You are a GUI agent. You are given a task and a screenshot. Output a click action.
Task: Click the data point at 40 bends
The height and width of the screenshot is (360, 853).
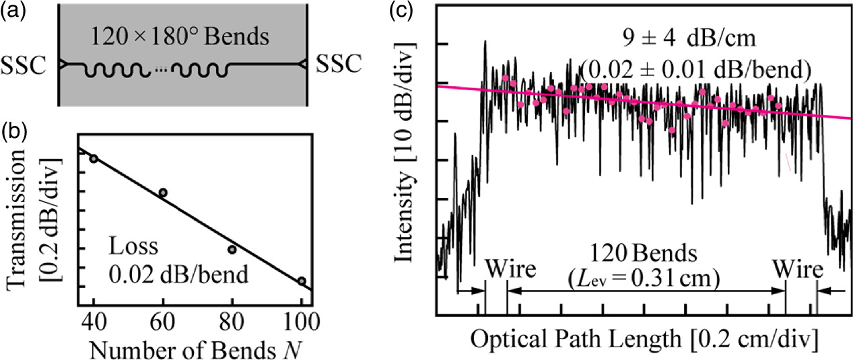point(94,158)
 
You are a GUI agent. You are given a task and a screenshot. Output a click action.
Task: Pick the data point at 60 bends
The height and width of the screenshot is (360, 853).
point(163,192)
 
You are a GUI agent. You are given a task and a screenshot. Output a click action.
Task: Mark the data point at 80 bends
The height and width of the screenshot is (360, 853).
point(232,250)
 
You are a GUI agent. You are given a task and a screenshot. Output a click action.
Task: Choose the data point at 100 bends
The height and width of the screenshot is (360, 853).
point(301,281)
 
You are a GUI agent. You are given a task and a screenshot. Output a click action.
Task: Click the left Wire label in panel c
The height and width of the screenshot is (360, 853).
point(510,271)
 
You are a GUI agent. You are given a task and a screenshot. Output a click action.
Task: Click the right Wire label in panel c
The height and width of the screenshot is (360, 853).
point(798,271)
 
